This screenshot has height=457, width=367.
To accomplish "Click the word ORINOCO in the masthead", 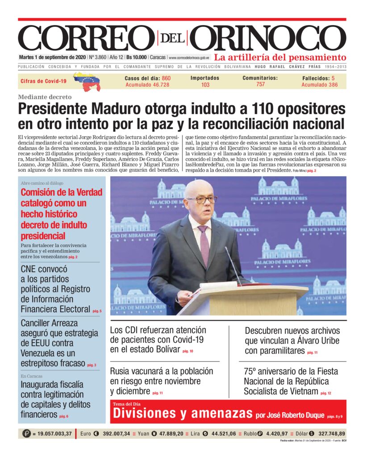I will click(x=270, y=38).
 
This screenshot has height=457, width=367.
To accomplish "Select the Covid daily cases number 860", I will click(x=166, y=78).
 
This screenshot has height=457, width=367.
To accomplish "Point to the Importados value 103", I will click(x=205, y=85).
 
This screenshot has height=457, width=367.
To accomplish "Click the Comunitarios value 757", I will click(x=260, y=84).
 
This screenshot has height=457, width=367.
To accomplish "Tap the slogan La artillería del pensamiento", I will click(x=280, y=58).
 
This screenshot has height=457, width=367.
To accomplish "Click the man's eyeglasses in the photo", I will click(x=202, y=199).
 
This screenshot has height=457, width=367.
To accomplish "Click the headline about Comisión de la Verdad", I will click(x=62, y=214).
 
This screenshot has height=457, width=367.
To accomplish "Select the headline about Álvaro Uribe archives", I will click(x=292, y=341).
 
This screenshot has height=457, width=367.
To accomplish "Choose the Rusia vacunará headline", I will click(x=161, y=381).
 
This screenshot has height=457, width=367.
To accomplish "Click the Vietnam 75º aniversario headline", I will click(x=291, y=381).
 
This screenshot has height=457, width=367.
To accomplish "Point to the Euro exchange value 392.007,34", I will click(x=116, y=433).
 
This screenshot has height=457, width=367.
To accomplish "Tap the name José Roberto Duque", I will click(x=296, y=415).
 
